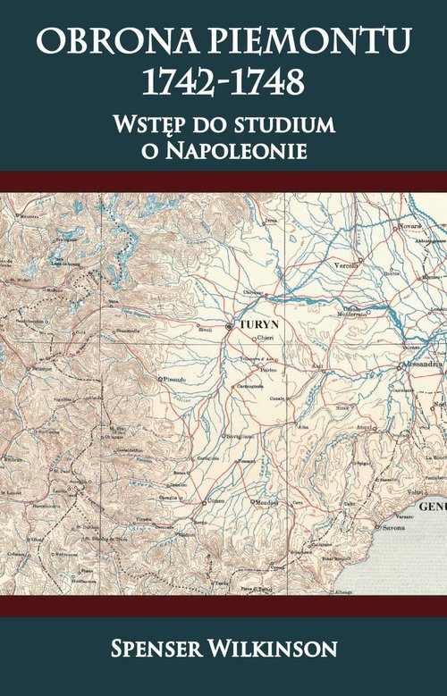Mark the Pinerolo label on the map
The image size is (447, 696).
[173, 379]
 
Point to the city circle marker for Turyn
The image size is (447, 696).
[230, 327]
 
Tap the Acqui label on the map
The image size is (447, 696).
[365, 427]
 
